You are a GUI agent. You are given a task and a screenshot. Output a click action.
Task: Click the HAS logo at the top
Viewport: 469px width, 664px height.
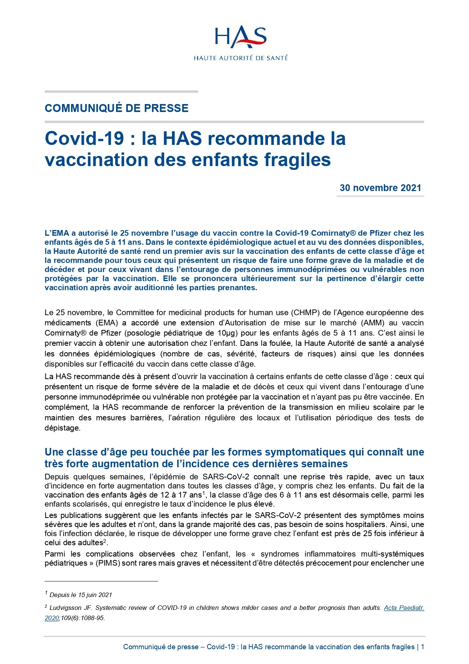click(x=240, y=37)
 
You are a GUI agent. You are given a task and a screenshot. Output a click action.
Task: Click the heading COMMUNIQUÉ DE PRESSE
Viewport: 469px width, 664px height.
click(x=116, y=108)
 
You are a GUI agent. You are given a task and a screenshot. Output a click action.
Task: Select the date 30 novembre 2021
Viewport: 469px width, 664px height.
click(x=380, y=188)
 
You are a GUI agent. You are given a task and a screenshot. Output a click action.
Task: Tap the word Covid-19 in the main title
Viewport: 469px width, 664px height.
click(x=84, y=138)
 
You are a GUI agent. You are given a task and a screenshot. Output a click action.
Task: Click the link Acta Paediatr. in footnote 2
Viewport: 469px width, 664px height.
click(x=404, y=608)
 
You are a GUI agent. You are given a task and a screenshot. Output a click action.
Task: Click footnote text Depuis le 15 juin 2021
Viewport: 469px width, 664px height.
click(x=81, y=595)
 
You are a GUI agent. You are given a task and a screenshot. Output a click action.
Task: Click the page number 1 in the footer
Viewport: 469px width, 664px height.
click(x=422, y=647)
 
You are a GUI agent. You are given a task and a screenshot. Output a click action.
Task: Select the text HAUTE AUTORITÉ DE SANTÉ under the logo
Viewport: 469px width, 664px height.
click(x=241, y=58)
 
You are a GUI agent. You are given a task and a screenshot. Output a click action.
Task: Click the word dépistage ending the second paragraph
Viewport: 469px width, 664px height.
click(x=62, y=428)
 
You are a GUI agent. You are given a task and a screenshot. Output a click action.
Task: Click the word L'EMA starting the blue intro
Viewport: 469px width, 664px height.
click(x=57, y=233)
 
